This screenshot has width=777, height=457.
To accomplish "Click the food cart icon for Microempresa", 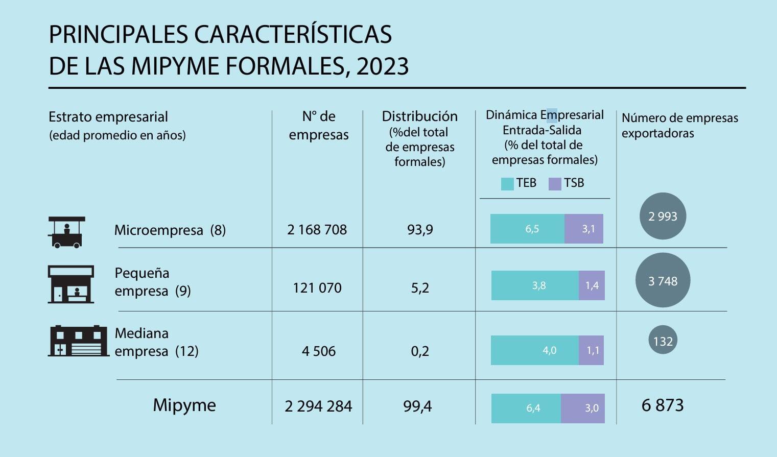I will click(66, 232).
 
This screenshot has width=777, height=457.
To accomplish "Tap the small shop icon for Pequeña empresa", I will click(70, 284).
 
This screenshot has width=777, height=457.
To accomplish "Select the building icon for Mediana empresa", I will click(78, 341).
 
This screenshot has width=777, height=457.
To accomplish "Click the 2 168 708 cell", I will click(317, 230).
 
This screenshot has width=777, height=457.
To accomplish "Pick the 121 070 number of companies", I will click(317, 288).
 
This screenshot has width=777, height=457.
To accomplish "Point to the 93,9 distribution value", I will click(420, 230).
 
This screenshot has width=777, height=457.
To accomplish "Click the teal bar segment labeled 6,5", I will click(527, 229).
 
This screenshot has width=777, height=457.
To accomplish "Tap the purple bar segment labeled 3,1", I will click(584, 229).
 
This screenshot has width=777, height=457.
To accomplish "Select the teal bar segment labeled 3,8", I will click(535, 285).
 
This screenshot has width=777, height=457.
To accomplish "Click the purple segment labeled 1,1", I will click(591, 350).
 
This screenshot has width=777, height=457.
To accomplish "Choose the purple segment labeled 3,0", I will click(583, 408).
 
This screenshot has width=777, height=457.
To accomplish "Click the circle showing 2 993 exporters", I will click(663, 216).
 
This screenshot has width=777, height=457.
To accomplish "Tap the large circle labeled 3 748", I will click(663, 281).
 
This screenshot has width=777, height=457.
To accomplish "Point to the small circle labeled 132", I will click(663, 341).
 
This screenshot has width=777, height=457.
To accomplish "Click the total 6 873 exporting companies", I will click(663, 405).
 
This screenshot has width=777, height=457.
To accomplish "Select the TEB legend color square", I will click(507, 184).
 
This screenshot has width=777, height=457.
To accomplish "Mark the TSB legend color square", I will click(555, 184).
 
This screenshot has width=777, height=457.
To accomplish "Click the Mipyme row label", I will click(184, 405).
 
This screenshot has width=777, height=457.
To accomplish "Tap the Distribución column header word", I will click(419, 116).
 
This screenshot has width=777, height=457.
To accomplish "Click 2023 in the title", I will click(383, 66).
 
